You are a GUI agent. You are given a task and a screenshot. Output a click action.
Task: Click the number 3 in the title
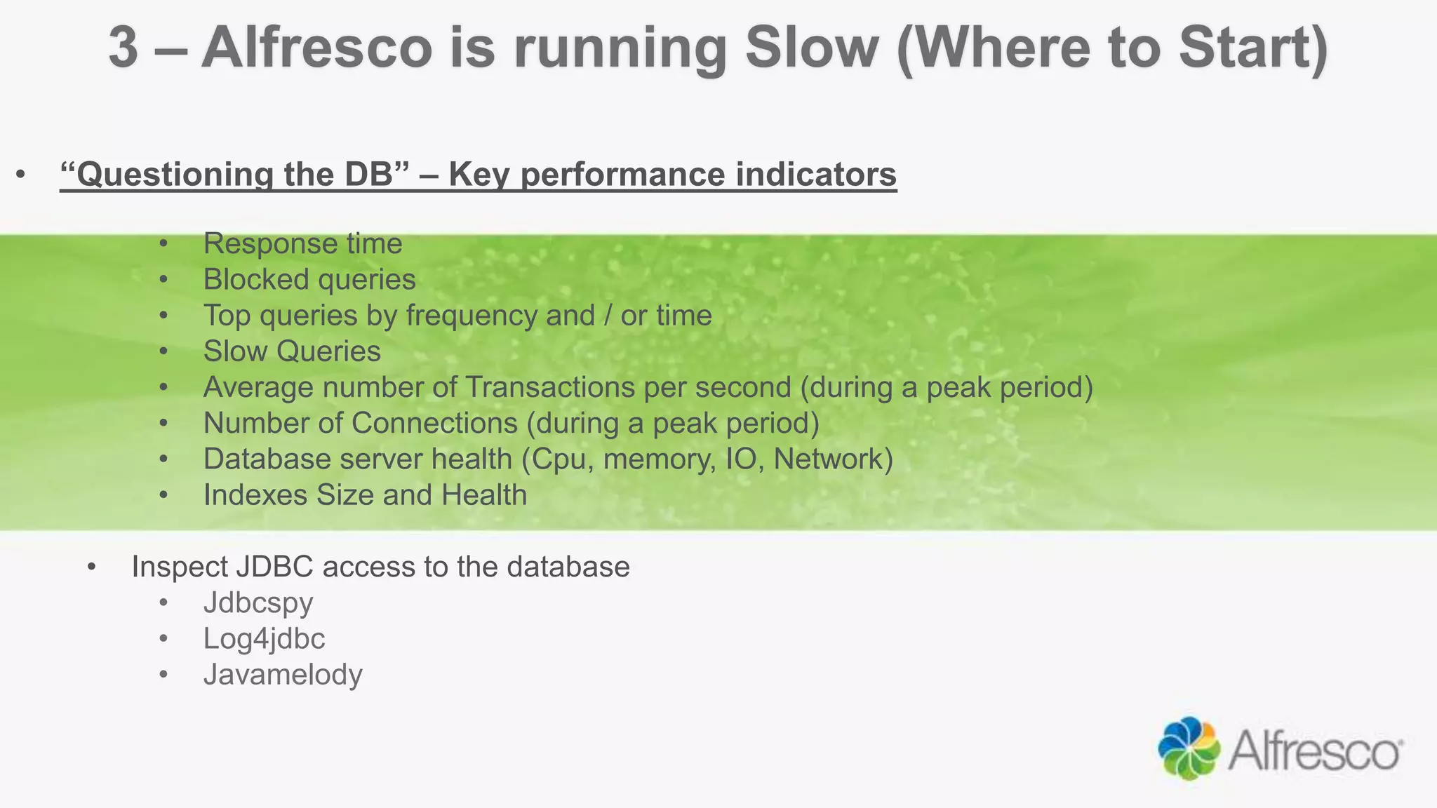pos(123,48)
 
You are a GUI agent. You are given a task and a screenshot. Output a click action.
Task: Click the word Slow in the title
pos(811,48)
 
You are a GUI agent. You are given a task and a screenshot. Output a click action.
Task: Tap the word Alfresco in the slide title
pos(316,48)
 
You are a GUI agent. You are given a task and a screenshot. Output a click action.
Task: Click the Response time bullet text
pos(302,244)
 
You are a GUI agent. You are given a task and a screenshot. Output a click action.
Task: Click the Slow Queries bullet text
pos(292,351)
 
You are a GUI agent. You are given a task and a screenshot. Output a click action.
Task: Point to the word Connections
pos(434,423)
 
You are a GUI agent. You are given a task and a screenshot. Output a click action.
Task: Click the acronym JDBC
pos(274,567)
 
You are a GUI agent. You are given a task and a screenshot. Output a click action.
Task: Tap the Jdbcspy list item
pos(258,603)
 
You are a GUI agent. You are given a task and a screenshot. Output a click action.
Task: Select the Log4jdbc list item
pos(264,639)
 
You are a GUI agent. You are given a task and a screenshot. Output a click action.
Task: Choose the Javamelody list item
pos(283,675)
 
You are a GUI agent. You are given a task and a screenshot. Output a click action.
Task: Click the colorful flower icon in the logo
pos(1189,748)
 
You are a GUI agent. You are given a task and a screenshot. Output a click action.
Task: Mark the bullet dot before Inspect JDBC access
pos(91,567)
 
